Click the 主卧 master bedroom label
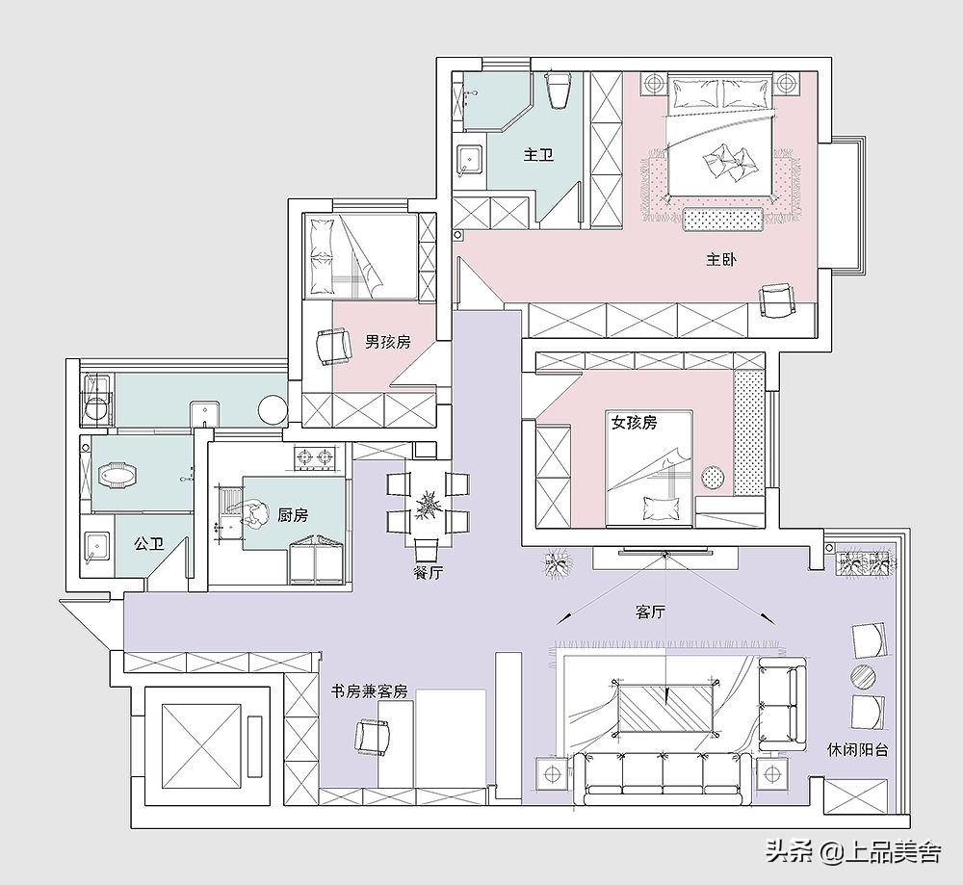pos(721,259)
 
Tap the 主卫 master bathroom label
pos(538,154)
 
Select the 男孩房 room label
pos(388,342)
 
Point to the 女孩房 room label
pos(634,422)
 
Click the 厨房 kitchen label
pos(293,515)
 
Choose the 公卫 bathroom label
pos(149,543)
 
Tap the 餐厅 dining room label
pos(429,573)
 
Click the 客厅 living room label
pos(650,612)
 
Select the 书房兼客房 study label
pos(369,691)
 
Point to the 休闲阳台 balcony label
pos(857,749)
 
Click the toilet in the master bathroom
pos(559,90)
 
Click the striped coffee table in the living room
pos(665,708)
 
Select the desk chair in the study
pos(372,738)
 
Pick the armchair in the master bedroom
pos(776,300)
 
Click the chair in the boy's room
pos(332,347)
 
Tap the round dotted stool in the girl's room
pos(713,477)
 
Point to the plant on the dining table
pos(429,507)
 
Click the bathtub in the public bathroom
pos(117,474)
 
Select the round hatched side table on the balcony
pos(864,676)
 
